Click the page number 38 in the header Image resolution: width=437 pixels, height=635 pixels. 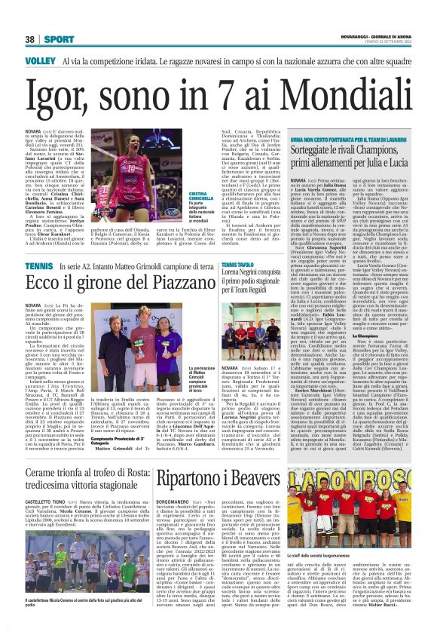pyautogui.click(x=30, y=39)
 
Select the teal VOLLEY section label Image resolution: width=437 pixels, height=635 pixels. pyautogui.click(x=40, y=60)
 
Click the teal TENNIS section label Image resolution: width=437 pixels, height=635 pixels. pyautogui.click(x=38, y=266)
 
